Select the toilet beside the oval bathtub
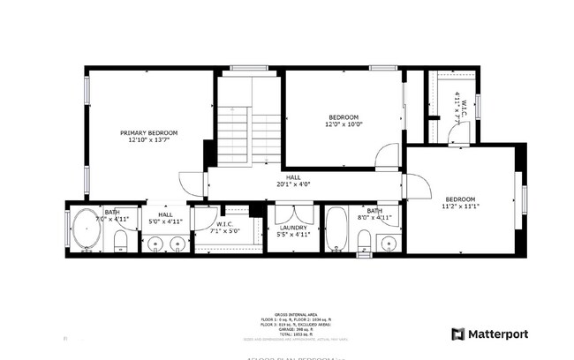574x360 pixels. tap(122, 242)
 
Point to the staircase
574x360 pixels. tap(237, 132)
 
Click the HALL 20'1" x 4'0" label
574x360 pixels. tap(293, 181)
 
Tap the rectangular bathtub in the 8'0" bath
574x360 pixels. tap(336, 231)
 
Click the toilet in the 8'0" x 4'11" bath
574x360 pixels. tap(364, 241)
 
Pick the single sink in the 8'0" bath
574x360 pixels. tap(388, 243)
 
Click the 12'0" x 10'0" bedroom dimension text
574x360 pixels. tap(344, 124)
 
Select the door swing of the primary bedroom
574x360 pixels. tap(193, 184)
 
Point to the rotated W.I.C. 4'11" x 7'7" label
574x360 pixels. tap(457, 104)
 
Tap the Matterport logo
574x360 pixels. tap(490, 334)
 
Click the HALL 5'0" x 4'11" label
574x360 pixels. tap(166, 218)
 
